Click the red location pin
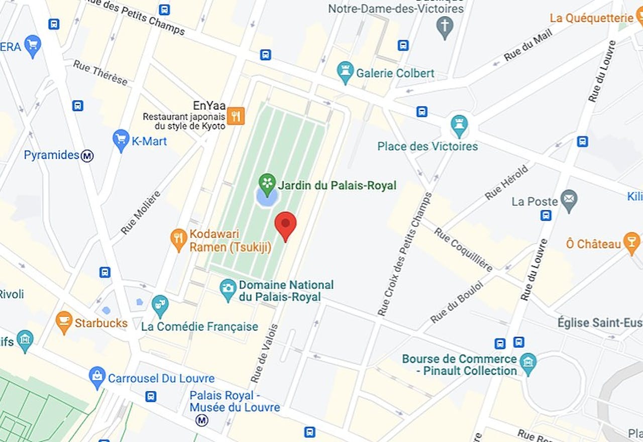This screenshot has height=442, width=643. point(285,224)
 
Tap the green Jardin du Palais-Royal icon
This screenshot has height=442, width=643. point(267,183)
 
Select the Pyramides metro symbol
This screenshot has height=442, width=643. point(87,156)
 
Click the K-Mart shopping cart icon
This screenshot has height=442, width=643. point(121,139)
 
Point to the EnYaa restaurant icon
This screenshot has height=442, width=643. point(236,116)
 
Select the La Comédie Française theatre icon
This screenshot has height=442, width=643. point(160,305)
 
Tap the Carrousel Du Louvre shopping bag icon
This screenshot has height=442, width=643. point(97,376)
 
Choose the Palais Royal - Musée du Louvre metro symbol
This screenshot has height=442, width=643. point(202,420)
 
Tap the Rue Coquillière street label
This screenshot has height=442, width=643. point(463,249)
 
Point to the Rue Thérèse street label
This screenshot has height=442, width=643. point(100,73)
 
